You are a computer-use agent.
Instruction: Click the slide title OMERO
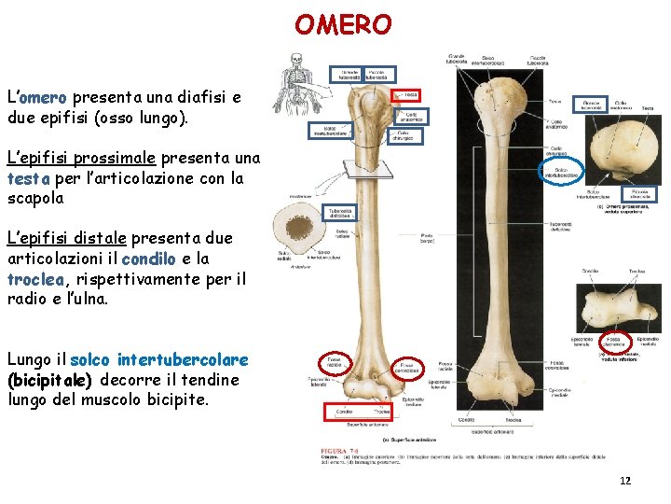(343, 23)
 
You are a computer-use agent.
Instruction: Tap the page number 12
(625, 481)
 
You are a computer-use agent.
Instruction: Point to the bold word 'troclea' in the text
(35, 279)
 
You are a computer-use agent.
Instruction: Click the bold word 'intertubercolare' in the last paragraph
(183, 359)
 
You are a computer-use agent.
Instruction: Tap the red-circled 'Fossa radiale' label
(332, 362)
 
